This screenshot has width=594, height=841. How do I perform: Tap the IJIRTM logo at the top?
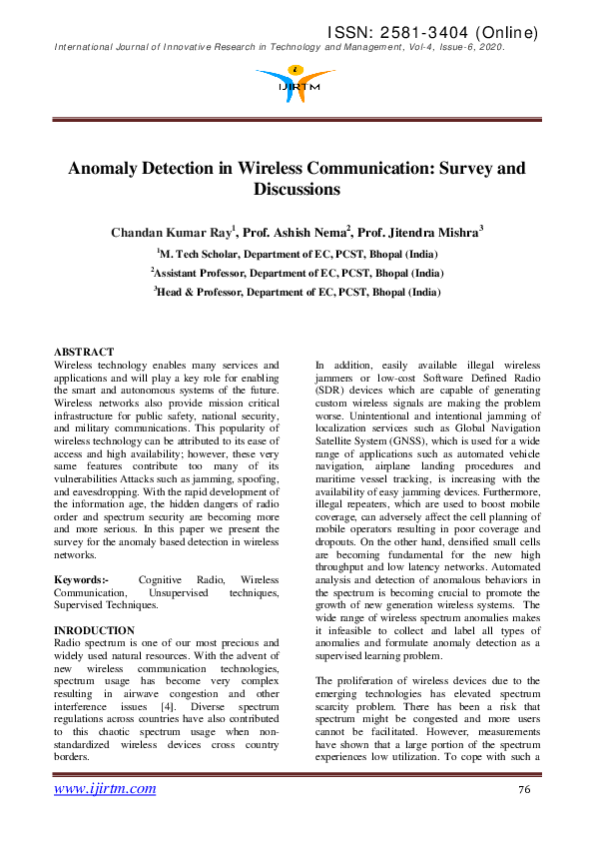pos(296,81)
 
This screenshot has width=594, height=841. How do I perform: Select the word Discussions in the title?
pos(297,189)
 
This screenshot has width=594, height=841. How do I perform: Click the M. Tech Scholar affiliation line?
pos(297,255)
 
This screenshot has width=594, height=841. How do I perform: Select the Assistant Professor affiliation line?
pos(297,273)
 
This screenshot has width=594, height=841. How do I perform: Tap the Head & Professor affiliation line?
pos(297,292)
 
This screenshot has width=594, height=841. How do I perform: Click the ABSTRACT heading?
pos(83,353)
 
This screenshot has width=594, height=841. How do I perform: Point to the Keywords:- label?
pos(81,579)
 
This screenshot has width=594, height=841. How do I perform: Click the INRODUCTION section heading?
pos(94,630)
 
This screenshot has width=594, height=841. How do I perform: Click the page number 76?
pos(524,790)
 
